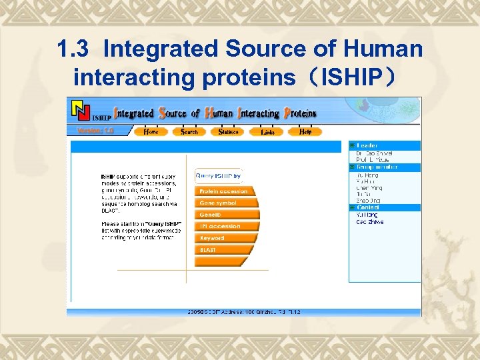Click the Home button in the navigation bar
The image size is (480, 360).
point(152,131)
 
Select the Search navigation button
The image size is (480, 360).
point(189,131)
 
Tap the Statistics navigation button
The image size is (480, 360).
point(228,131)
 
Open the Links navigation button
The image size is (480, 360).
point(268,131)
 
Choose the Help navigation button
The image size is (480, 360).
point(305,131)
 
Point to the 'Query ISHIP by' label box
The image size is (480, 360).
point(218,176)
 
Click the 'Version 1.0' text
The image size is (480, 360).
point(95,131)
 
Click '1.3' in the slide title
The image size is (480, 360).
point(72,49)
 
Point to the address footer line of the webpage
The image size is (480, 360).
point(244,312)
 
